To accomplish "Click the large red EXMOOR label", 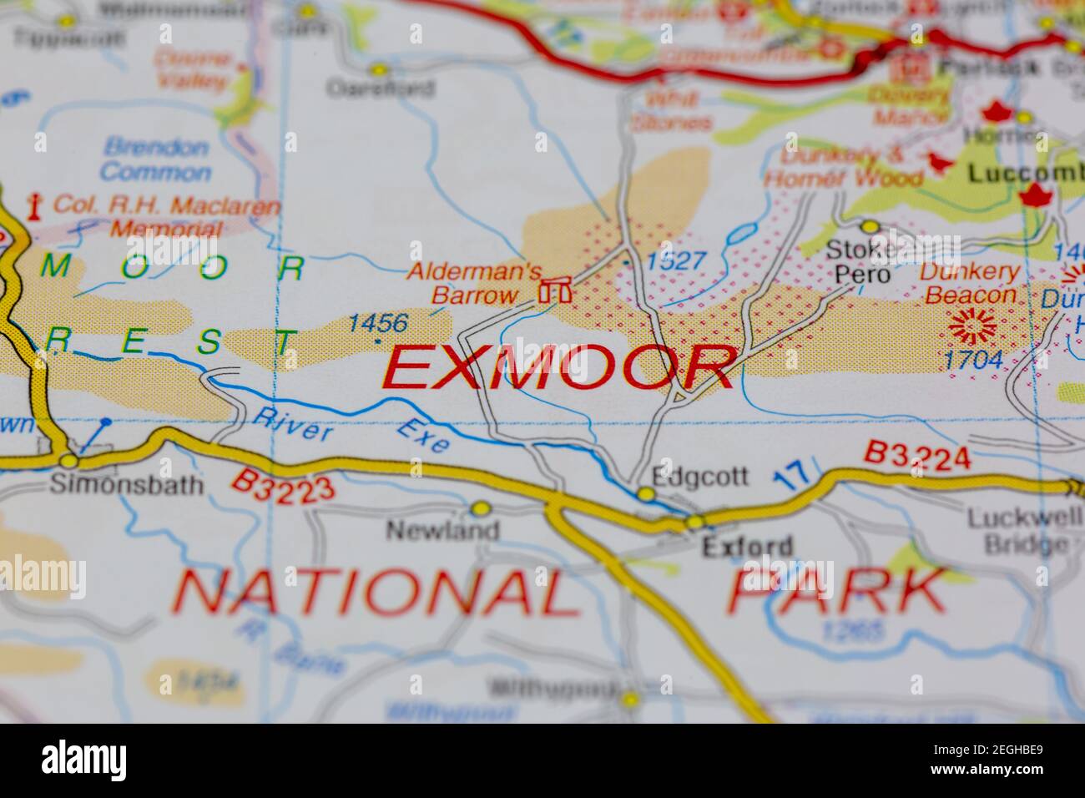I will pyautogui.click(x=558, y=368).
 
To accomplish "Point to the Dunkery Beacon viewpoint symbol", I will pyautogui.click(x=973, y=326).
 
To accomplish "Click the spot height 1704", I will pyautogui.click(x=973, y=360).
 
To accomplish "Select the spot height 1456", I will pyautogui.click(x=378, y=323).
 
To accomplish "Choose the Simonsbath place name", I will pyautogui.click(x=126, y=485).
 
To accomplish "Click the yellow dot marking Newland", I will pyautogui.click(x=480, y=508).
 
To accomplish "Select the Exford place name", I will pyautogui.click(x=747, y=547).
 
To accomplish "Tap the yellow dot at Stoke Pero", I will pyautogui.click(x=871, y=226).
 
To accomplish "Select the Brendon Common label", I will pyautogui.click(x=155, y=160).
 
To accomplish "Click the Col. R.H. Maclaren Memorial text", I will pyautogui.click(x=154, y=215).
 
